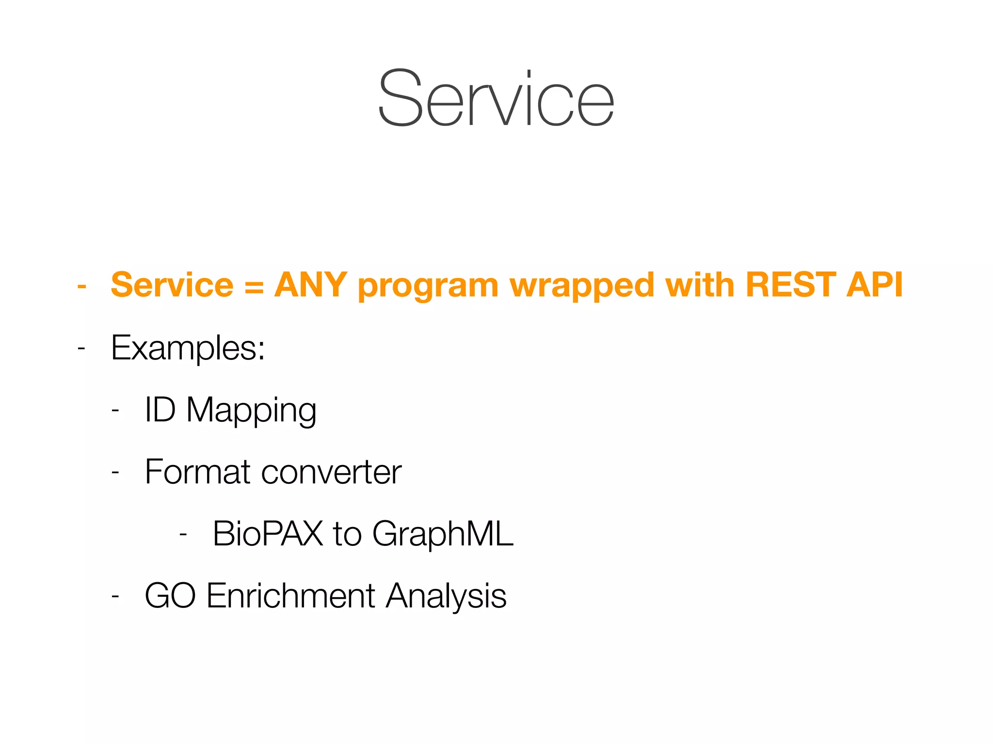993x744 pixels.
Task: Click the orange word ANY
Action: tap(310, 285)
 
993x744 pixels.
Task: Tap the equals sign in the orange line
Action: tap(254, 286)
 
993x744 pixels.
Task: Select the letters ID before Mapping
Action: tap(160, 410)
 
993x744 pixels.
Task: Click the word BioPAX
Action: tap(268, 534)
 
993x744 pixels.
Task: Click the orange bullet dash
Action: tap(82, 286)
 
